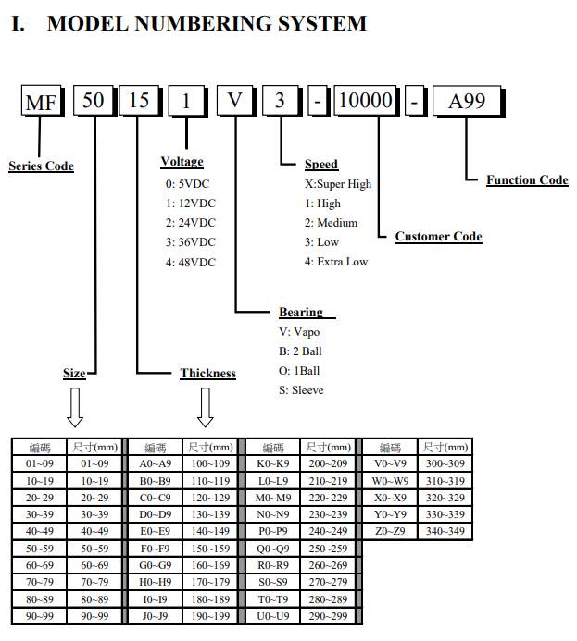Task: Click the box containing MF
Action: (42, 101)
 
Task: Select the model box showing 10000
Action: (366, 100)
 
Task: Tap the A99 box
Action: (467, 101)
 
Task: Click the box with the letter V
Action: (235, 100)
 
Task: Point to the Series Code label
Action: (42, 166)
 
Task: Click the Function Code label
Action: (527, 179)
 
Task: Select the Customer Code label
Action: (439, 236)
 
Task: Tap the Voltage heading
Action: (182, 162)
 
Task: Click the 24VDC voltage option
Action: (190, 223)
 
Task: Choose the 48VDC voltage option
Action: (190, 262)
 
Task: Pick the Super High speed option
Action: (338, 184)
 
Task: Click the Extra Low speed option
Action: (336, 262)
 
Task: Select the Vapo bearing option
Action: (299, 332)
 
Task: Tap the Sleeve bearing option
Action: (301, 390)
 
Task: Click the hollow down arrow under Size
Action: (75, 408)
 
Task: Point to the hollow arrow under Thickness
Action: (205, 408)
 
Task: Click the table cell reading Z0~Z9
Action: (390, 531)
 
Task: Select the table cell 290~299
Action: (328, 616)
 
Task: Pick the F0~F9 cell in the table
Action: (155, 549)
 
